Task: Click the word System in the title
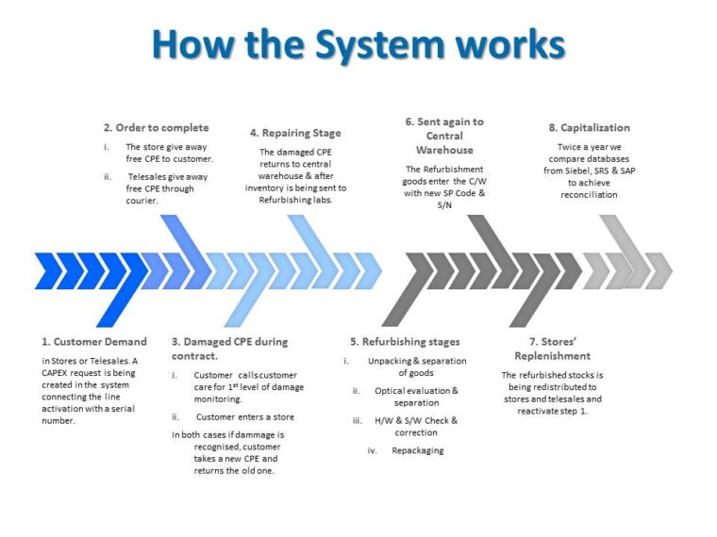379,45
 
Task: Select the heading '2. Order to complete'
156,127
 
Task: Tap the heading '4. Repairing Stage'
295,133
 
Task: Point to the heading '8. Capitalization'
589,128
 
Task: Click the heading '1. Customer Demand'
94,342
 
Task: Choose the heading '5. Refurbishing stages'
405,342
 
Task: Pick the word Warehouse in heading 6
444,150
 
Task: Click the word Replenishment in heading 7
553,356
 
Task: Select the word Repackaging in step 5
418,450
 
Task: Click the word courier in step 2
142,201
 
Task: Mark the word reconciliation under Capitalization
589,194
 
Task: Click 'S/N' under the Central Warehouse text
444,205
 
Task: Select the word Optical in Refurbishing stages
389,391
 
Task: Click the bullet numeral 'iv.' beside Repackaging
373,450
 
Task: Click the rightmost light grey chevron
659,270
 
